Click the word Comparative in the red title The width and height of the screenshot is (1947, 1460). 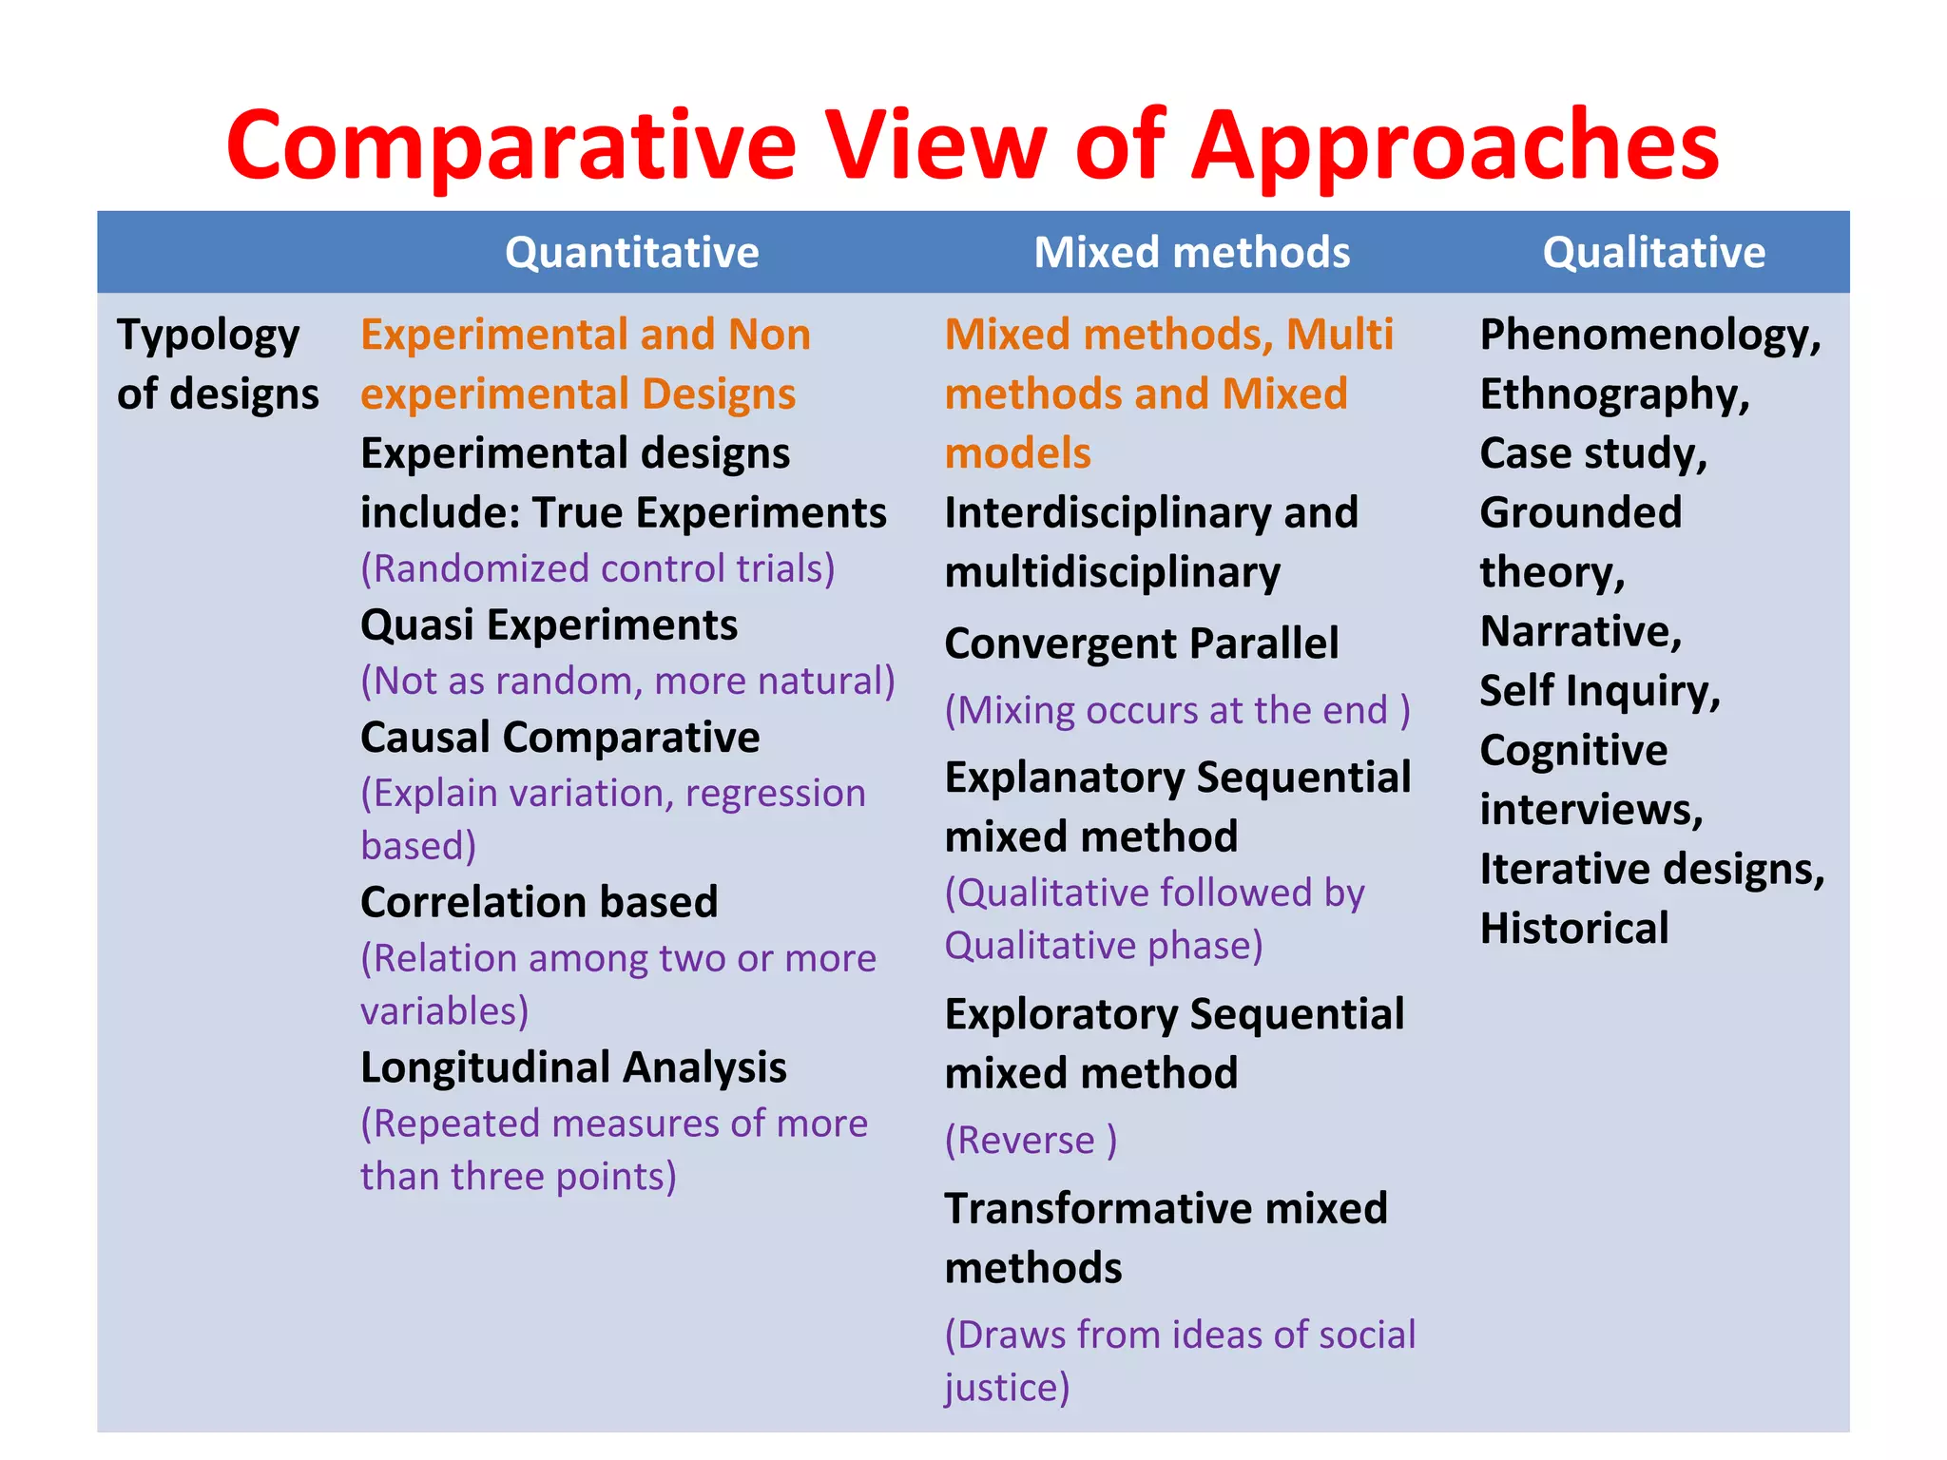[511, 145]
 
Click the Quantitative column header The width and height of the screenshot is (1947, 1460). [631, 253]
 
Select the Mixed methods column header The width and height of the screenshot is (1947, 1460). [1191, 253]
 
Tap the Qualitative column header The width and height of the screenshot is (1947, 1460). [1653, 253]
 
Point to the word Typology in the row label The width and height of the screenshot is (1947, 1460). [208, 336]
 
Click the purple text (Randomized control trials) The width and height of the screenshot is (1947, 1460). [597, 568]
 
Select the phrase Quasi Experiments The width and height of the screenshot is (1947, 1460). [549, 625]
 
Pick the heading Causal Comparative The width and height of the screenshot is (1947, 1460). [560, 738]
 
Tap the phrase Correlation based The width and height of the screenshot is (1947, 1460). [539, 902]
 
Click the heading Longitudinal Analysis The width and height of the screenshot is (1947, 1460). [573, 1067]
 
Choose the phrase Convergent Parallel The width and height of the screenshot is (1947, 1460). [1141, 644]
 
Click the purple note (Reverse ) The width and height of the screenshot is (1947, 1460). [1031, 1140]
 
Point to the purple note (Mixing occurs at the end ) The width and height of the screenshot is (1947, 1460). [1177, 710]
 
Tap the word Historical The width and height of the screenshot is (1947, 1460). [1574, 929]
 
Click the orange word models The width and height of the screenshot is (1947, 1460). [1017, 453]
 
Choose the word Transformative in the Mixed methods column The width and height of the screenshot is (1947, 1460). [1097, 1209]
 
